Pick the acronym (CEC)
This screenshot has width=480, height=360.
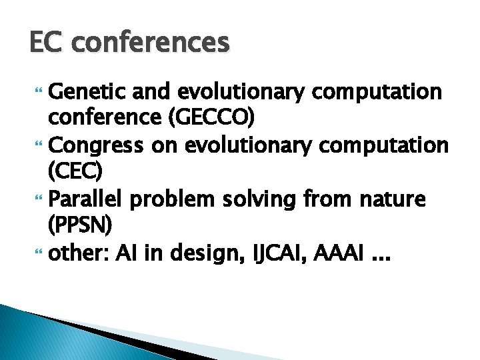[75, 171]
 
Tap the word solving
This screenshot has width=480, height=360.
[262, 199]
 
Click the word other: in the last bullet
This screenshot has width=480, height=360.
[79, 253]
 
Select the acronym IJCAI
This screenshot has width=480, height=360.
[265, 253]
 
